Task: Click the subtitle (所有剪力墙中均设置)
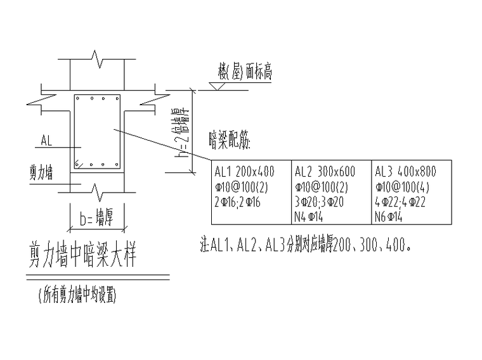pos(77,295)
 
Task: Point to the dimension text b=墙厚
pos(96,215)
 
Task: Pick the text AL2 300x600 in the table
pos(325,171)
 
